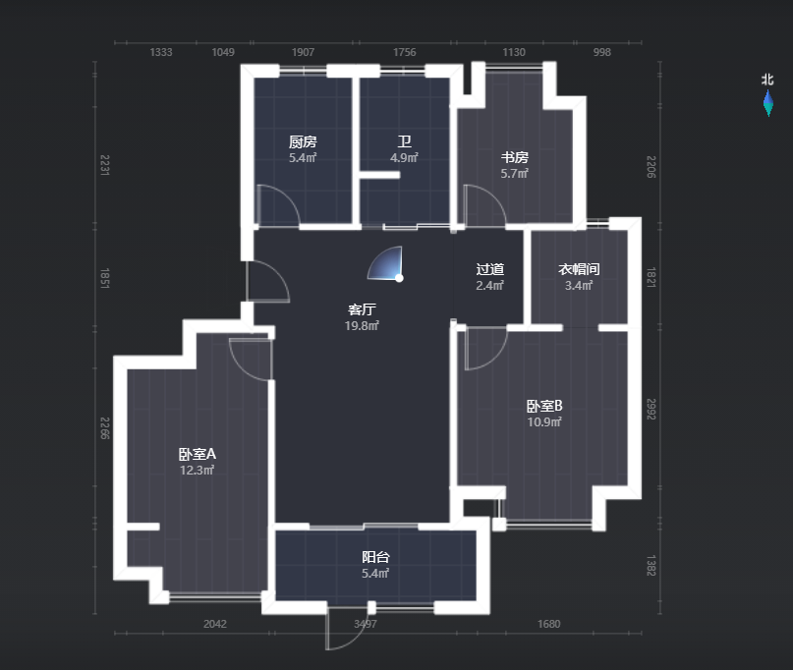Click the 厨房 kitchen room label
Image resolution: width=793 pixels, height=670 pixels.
(303, 141)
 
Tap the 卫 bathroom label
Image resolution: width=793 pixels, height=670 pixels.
(404, 141)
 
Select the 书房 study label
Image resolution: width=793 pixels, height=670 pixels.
(514, 157)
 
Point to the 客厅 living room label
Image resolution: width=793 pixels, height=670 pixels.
(362, 309)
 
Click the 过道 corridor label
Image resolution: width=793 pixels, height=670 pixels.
(489, 269)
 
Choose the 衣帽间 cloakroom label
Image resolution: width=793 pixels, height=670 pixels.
(579, 269)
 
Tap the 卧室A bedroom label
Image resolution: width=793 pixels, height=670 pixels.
(198, 454)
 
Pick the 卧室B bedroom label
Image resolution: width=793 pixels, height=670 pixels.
(544, 406)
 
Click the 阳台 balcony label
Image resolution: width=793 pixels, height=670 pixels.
(375, 557)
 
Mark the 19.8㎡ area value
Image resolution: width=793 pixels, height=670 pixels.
(362, 325)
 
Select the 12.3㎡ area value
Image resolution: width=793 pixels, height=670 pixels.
(198, 471)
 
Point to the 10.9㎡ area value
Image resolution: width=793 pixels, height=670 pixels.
(544, 421)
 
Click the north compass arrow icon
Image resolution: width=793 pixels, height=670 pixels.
(768, 103)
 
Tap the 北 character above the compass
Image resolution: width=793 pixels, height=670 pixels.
(767, 80)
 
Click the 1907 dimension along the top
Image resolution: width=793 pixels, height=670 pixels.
(303, 52)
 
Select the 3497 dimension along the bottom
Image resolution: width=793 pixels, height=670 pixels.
(366, 624)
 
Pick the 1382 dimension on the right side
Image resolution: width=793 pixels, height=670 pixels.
(651, 565)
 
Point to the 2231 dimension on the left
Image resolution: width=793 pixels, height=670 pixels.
(104, 165)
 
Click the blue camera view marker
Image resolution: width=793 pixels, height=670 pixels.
(386, 263)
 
